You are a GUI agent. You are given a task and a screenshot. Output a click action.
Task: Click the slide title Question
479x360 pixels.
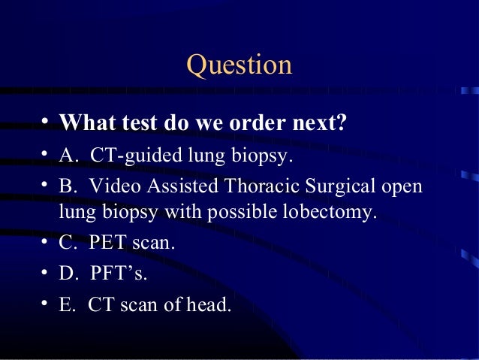point(239,65)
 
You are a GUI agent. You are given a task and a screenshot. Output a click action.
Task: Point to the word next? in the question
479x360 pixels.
point(320,122)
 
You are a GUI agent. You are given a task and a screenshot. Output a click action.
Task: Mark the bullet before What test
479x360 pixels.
point(47,122)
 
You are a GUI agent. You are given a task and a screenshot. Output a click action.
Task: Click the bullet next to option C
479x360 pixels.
point(47,244)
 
